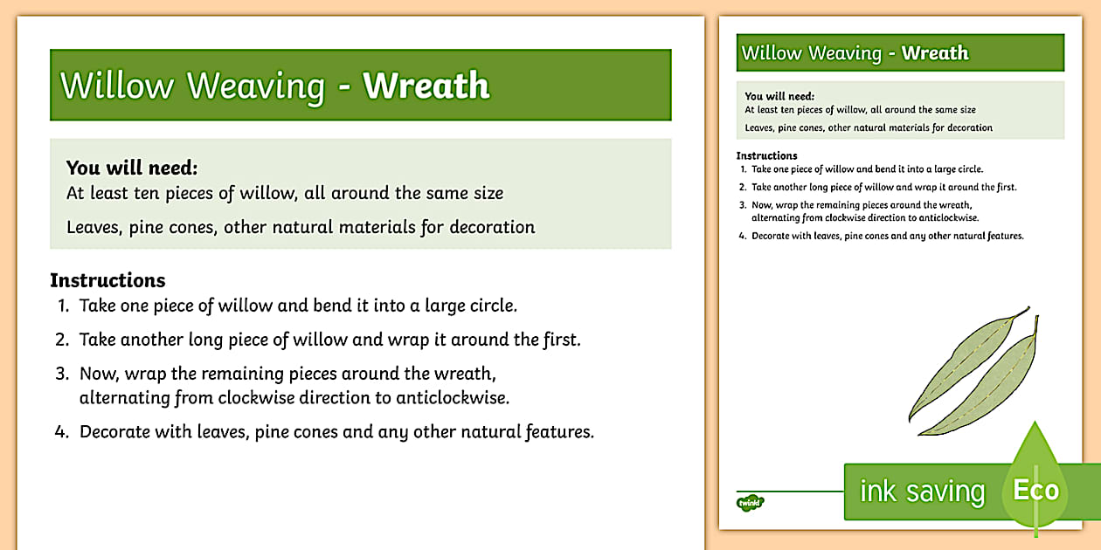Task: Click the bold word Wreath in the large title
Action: pyautogui.click(x=426, y=86)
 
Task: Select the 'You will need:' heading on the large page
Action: pyautogui.click(x=132, y=168)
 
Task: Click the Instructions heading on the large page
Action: pyautogui.click(x=107, y=280)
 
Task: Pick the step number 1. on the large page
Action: pyautogui.click(x=63, y=306)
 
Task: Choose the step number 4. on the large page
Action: pyautogui.click(x=62, y=432)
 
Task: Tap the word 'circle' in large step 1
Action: pyautogui.click(x=492, y=306)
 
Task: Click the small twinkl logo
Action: pyautogui.click(x=750, y=502)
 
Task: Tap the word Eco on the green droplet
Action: pyautogui.click(x=1035, y=491)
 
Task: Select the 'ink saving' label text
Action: pyautogui.click(x=922, y=492)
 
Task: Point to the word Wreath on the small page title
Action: pyautogui.click(x=935, y=53)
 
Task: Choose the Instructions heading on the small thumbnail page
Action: pyautogui.click(x=766, y=156)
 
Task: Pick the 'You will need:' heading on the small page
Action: pyautogui.click(x=779, y=96)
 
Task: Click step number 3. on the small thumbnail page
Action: pyautogui.click(x=742, y=206)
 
